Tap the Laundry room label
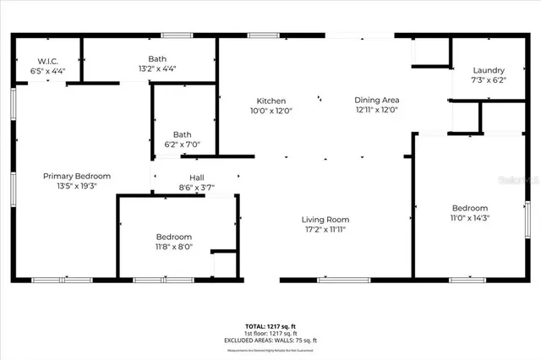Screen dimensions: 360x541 tap(489, 70)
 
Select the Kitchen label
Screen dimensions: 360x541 tap(271, 100)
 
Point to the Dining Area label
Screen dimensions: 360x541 tap(376, 100)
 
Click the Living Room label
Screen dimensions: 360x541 tap(325, 220)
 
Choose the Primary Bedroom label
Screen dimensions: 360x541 tap(77, 176)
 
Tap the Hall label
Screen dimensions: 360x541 tap(197, 177)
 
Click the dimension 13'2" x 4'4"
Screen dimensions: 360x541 tap(156, 69)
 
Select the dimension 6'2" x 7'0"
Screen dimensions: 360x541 tap(183, 145)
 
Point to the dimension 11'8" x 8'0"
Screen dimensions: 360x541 tap(174, 247)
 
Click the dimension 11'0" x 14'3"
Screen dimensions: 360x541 tap(469, 218)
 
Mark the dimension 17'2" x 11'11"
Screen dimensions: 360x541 tap(325, 229)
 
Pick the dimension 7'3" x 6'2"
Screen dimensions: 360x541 tap(489, 80)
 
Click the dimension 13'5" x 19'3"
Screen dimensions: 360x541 tap(77, 186)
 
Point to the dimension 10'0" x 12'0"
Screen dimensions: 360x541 tap(271, 110)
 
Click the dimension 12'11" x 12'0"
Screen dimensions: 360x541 tap(376, 110)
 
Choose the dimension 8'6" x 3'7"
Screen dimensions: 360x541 tap(197, 187)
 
